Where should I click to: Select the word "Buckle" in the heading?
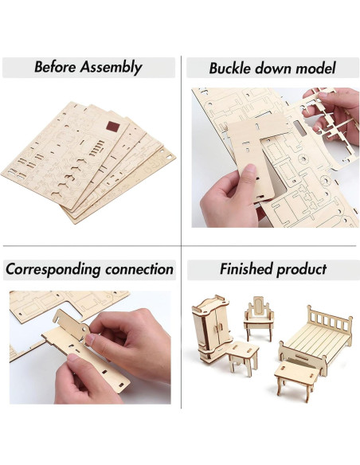coord(233,68)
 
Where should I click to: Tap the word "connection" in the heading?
coord(136,269)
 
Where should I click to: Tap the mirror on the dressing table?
coord(256,307)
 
